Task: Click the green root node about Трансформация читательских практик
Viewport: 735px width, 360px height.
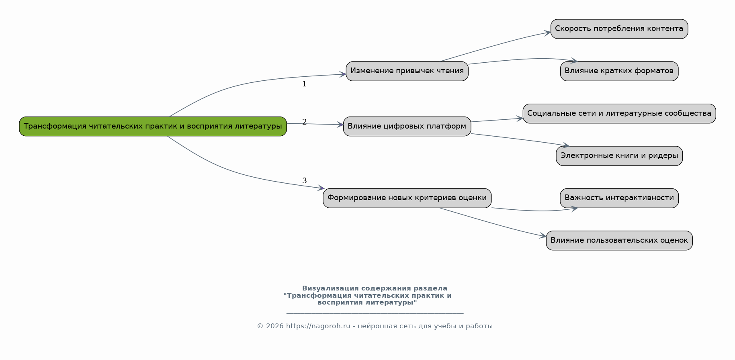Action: [x=153, y=127]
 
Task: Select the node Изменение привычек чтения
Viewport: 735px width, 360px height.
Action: [x=407, y=71]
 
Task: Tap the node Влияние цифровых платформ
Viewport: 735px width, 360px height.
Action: [x=407, y=127]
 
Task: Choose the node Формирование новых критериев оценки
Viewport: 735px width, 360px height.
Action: [x=407, y=198]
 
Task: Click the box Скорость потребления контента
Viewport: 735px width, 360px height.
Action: [x=619, y=29]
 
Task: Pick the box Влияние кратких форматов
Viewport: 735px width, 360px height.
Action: [x=619, y=71]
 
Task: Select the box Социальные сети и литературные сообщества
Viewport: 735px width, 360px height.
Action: [x=619, y=113]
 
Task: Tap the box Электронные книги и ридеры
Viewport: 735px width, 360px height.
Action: [x=619, y=156]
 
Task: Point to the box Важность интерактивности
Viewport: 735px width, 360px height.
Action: [x=619, y=198]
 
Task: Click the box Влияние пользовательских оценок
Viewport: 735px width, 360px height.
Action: [x=619, y=241]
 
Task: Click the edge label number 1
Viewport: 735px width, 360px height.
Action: [x=304, y=84]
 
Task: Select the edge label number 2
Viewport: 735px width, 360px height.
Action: [x=304, y=122]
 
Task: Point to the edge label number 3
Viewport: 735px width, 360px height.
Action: [x=304, y=181]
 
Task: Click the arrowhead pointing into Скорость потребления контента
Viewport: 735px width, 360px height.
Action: [x=547, y=33]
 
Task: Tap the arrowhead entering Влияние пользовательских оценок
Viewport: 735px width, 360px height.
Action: [x=543, y=236]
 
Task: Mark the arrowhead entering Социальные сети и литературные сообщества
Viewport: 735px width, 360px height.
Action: [x=519, y=119]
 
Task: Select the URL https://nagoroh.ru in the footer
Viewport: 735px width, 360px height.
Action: [x=318, y=326]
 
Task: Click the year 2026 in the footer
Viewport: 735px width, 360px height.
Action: [x=274, y=326]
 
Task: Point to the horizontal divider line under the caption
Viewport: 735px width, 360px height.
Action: [x=375, y=313]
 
